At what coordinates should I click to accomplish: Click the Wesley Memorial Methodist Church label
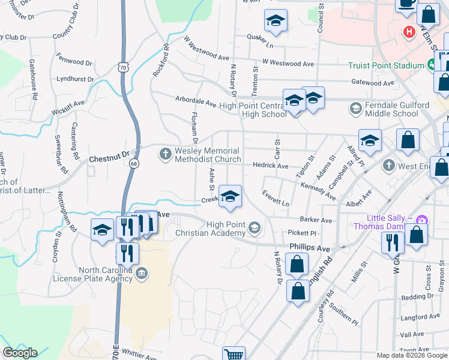click(207, 155)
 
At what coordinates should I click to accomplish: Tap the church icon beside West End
click(388, 165)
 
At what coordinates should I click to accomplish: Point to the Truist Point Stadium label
click(385, 65)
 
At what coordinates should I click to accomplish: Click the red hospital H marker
click(409, 31)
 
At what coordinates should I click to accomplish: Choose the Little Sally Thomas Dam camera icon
click(421, 221)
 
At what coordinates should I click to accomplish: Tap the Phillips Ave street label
click(310, 247)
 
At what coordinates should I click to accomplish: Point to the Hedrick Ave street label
click(271, 166)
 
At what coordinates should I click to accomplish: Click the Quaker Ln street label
click(260, 45)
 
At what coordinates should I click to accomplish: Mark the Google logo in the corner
click(20, 353)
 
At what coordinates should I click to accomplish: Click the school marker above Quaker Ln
click(275, 22)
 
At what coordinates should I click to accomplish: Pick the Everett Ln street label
click(276, 199)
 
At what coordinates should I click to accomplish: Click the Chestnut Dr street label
click(109, 159)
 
